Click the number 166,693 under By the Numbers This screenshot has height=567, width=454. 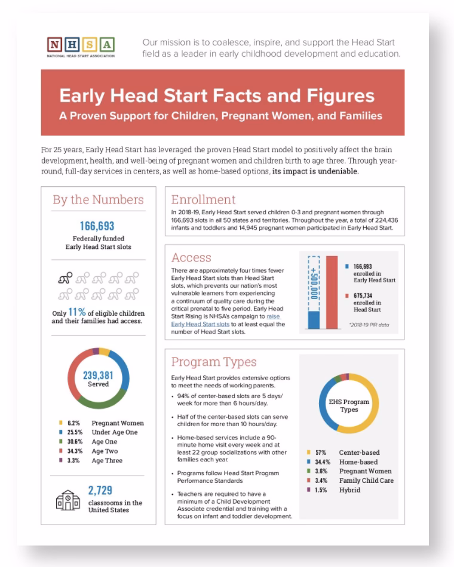pos(96,226)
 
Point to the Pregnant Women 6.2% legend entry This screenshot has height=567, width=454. pos(100,423)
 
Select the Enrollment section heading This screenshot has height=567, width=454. pos(203,199)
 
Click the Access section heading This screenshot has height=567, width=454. pos(191,258)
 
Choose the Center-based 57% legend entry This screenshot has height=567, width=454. pos(352,453)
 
